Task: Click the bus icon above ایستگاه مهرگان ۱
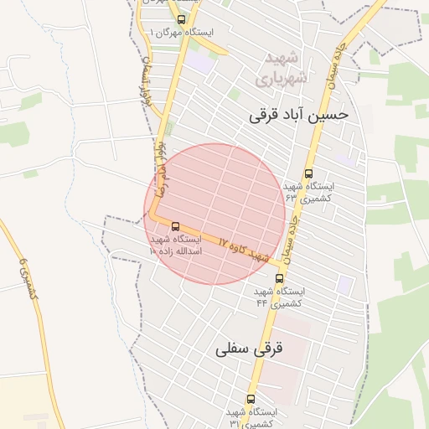(183, 18)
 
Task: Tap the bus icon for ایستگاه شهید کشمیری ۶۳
(309, 174)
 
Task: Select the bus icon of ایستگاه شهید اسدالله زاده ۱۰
(175, 226)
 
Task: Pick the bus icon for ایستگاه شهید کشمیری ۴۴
(279, 277)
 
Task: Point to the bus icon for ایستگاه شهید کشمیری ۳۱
(251, 399)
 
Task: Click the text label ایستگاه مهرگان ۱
(180, 32)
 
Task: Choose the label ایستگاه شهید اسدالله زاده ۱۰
(175, 245)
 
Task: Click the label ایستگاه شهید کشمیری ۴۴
(280, 296)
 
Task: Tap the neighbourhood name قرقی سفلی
(250, 348)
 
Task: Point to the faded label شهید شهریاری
(284, 69)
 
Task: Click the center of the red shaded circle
(215, 214)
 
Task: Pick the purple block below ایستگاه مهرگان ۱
(199, 60)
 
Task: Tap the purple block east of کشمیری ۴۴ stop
(344, 284)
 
